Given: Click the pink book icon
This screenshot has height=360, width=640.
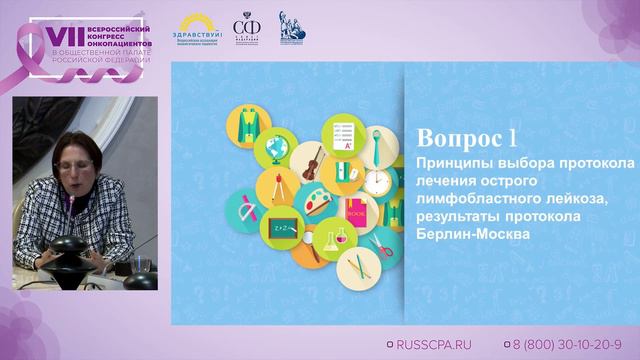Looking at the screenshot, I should (x=354, y=212).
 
